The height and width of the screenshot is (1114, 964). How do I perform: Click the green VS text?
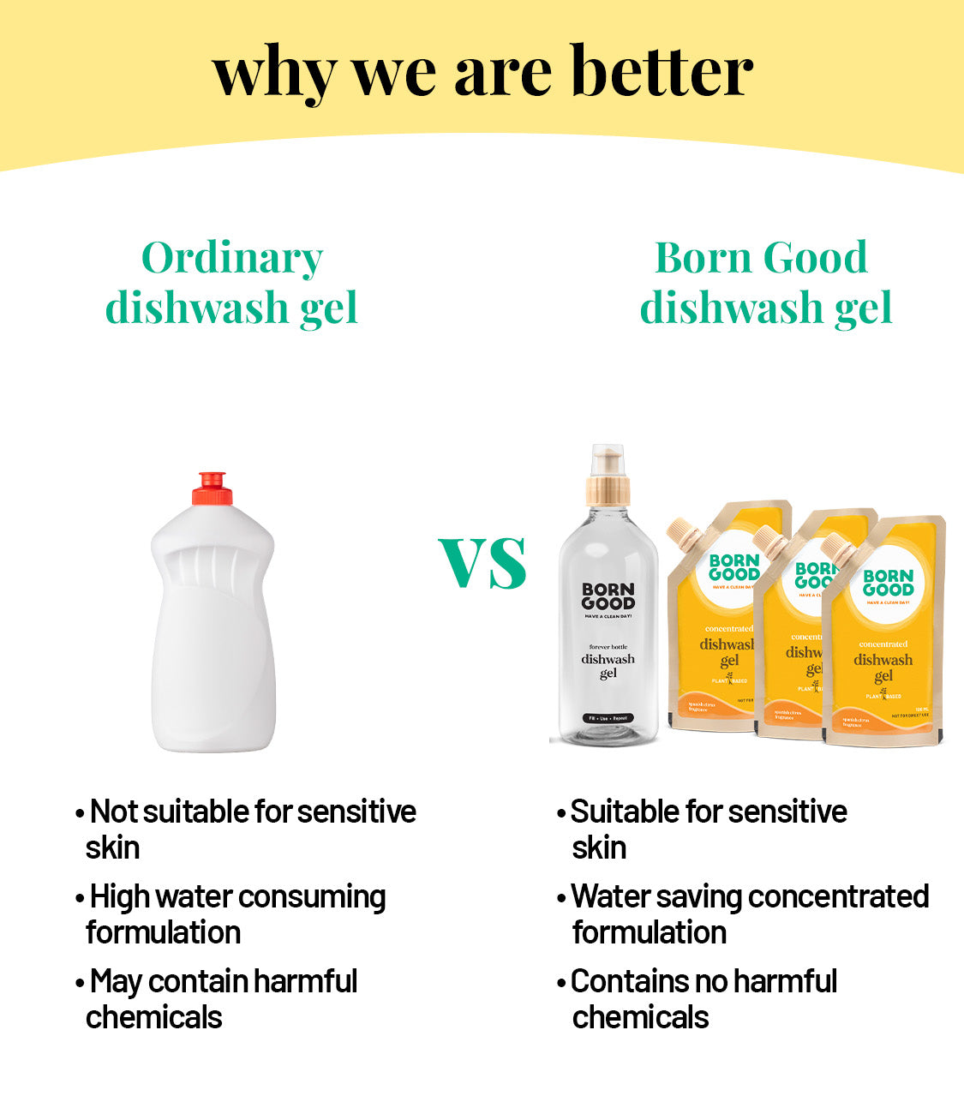point(482,563)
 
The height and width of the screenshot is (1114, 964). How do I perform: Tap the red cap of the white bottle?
point(212,488)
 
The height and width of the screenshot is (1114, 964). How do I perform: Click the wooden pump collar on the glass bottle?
point(608,491)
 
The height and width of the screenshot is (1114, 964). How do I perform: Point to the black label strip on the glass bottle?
point(608,718)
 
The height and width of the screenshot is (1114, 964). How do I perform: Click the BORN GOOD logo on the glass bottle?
point(608,596)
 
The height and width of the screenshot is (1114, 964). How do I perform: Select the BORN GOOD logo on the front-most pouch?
point(888,583)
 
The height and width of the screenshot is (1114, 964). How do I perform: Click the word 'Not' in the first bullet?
point(114,812)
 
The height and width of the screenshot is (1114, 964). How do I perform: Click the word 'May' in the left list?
point(116,982)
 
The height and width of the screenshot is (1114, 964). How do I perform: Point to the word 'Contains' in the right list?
point(619,982)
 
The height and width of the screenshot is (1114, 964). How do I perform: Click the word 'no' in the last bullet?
point(704,982)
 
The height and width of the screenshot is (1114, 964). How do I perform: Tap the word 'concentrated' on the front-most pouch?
point(883,644)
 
